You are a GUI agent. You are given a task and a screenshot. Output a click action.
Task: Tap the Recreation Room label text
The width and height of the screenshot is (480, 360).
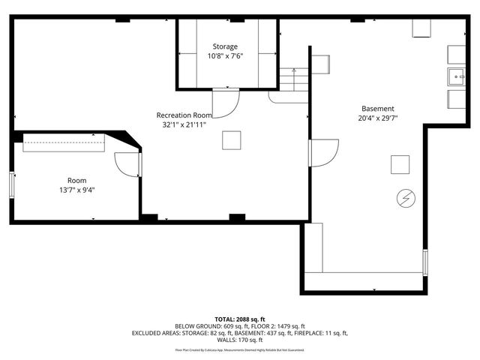click(184, 115)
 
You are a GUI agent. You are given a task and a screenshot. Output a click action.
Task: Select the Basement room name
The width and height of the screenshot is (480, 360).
click(377, 108)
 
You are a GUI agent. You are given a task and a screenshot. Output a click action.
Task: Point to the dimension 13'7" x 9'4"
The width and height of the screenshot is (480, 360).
click(76, 190)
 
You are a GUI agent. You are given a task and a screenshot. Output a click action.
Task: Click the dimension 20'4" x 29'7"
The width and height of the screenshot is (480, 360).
click(377, 118)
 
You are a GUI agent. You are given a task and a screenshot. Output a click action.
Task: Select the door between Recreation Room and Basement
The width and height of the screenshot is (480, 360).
click(321, 154)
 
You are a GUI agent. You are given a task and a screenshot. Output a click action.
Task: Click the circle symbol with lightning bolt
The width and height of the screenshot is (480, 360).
click(405, 197)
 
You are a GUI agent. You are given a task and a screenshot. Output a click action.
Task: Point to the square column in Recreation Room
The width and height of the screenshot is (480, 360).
click(232, 140)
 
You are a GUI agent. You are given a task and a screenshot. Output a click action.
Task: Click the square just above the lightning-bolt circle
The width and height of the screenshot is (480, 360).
click(400, 164)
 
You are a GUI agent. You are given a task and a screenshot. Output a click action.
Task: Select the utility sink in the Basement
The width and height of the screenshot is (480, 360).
click(457, 77)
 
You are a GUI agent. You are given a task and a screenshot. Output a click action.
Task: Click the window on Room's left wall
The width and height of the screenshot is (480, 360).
click(11, 184)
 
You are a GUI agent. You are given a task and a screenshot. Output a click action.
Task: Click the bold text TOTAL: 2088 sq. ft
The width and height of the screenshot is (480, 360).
click(239, 319)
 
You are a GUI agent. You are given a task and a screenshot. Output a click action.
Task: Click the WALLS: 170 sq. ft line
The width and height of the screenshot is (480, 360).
click(239, 340)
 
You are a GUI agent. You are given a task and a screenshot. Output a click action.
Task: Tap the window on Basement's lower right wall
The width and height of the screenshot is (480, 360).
click(425, 262)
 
